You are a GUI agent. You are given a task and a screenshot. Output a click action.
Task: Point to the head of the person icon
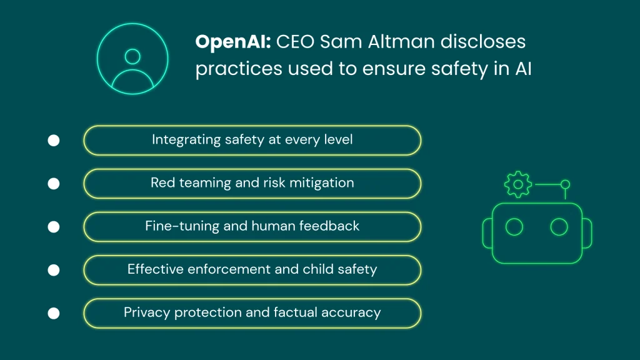point(132,56)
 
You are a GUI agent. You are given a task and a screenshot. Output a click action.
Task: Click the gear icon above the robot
point(517,185)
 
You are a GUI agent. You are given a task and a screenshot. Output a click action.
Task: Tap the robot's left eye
point(514,227)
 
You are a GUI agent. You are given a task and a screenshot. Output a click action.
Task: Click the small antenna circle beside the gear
point(565,184)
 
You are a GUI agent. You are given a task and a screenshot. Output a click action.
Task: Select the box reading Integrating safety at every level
point(252,140)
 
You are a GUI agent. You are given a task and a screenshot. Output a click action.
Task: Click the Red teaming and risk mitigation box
point(252,183)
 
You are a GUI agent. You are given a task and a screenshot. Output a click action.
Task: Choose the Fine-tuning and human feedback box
point(252,226)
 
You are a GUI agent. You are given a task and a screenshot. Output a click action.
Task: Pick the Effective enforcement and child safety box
point(252,269)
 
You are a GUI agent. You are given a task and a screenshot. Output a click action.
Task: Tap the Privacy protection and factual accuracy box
point(252,312)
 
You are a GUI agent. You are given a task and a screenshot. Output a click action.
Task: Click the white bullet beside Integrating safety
point(54,141)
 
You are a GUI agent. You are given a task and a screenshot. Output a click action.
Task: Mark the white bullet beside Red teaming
point(54,184)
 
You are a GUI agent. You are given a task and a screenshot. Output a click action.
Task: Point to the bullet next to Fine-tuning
point(54,227)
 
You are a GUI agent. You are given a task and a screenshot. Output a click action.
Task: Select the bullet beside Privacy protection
point(54,313)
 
